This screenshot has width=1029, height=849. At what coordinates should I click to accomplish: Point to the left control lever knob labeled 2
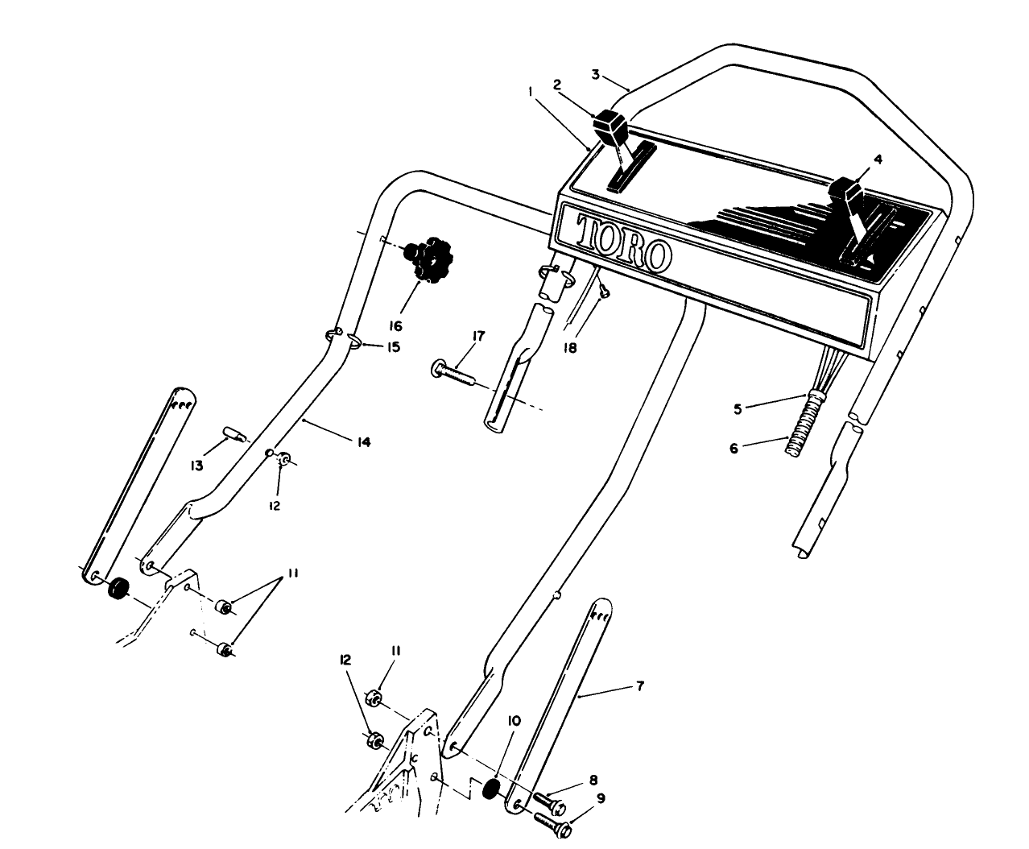pyautogui.click(x=610, y=126)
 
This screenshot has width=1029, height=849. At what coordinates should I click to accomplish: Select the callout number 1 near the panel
pyautogui.click(x=531, y=93)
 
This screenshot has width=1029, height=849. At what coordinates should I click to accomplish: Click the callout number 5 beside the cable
pyautogui.click(x=737, y=408)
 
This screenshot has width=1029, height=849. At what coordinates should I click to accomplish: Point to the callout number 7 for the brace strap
pyautogui.click(x=640, y=685)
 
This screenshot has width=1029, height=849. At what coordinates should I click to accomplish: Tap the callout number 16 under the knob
pyautogui.click(x=395, y=326)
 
